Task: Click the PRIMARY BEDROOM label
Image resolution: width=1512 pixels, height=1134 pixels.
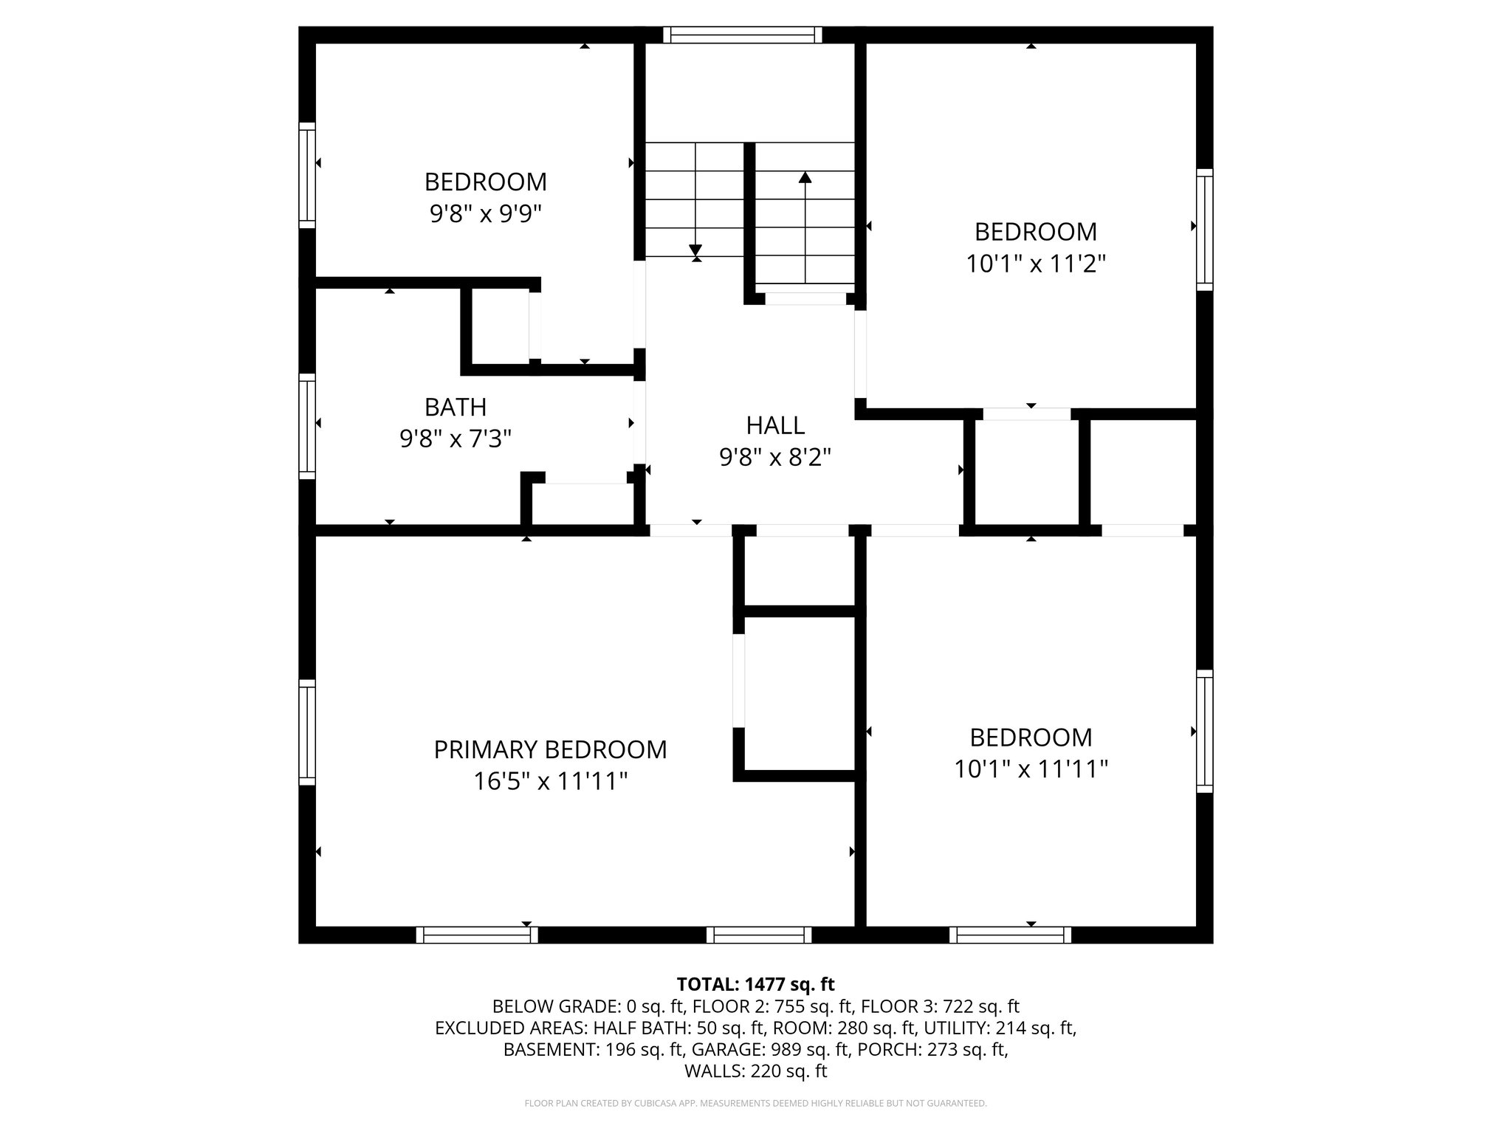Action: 550,749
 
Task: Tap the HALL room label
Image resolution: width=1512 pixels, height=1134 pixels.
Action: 774,425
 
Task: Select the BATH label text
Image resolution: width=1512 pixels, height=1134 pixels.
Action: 456,407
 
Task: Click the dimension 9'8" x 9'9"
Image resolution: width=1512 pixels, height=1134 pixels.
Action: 485,214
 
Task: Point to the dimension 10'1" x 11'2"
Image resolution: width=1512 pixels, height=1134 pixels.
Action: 1035,264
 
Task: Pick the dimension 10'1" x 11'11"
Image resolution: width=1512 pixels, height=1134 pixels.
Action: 1031,769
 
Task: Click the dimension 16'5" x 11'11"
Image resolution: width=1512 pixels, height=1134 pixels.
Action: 550,781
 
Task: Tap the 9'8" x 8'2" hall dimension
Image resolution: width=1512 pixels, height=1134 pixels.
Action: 774,458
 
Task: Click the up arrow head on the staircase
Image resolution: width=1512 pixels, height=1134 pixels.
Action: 805,177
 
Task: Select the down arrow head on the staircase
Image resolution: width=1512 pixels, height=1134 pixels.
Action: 695,250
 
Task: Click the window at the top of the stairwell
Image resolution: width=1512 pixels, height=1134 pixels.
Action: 742,35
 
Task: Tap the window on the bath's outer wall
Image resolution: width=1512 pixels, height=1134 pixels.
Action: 306,426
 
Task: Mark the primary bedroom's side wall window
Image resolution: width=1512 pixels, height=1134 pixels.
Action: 306,732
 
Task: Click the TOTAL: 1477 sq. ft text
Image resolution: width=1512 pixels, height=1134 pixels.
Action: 755,984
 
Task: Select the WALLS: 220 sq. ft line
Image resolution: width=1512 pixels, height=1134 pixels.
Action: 755,1071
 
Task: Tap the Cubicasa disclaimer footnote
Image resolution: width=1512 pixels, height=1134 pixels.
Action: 755,1104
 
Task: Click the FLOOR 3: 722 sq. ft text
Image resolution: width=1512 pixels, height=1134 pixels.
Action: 940,1006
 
